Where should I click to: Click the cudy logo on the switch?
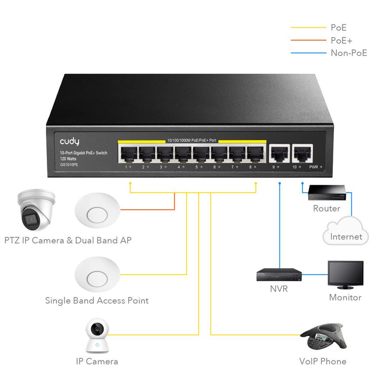click(69, 142)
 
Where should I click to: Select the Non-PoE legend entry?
click(348, 53)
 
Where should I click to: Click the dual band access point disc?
click(97, 210)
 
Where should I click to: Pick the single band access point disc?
click(97, 275)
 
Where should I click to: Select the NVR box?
click(278, 274)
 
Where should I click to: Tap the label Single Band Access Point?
click(97, 300)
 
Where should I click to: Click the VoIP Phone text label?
click(322, 361)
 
